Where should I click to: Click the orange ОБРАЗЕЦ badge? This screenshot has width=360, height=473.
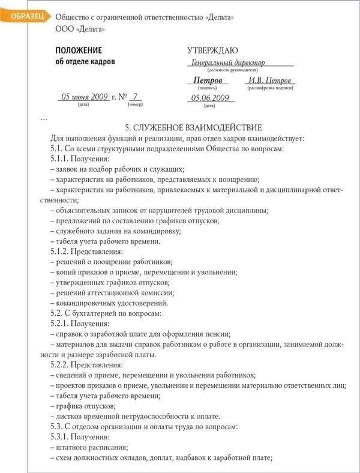tap(22, 17)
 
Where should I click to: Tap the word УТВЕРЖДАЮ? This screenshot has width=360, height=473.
tap(212, 50)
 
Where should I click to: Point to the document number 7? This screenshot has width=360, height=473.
tap(136, 96)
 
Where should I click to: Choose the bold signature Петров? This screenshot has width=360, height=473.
tap(208, 80)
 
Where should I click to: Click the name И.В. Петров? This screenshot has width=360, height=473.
tap(270, 80)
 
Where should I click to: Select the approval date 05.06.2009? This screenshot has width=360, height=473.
tap(211, 98)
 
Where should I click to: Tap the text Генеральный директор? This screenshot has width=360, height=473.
tap(228, 62)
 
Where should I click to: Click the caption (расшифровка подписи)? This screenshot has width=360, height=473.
tap(270, 88)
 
